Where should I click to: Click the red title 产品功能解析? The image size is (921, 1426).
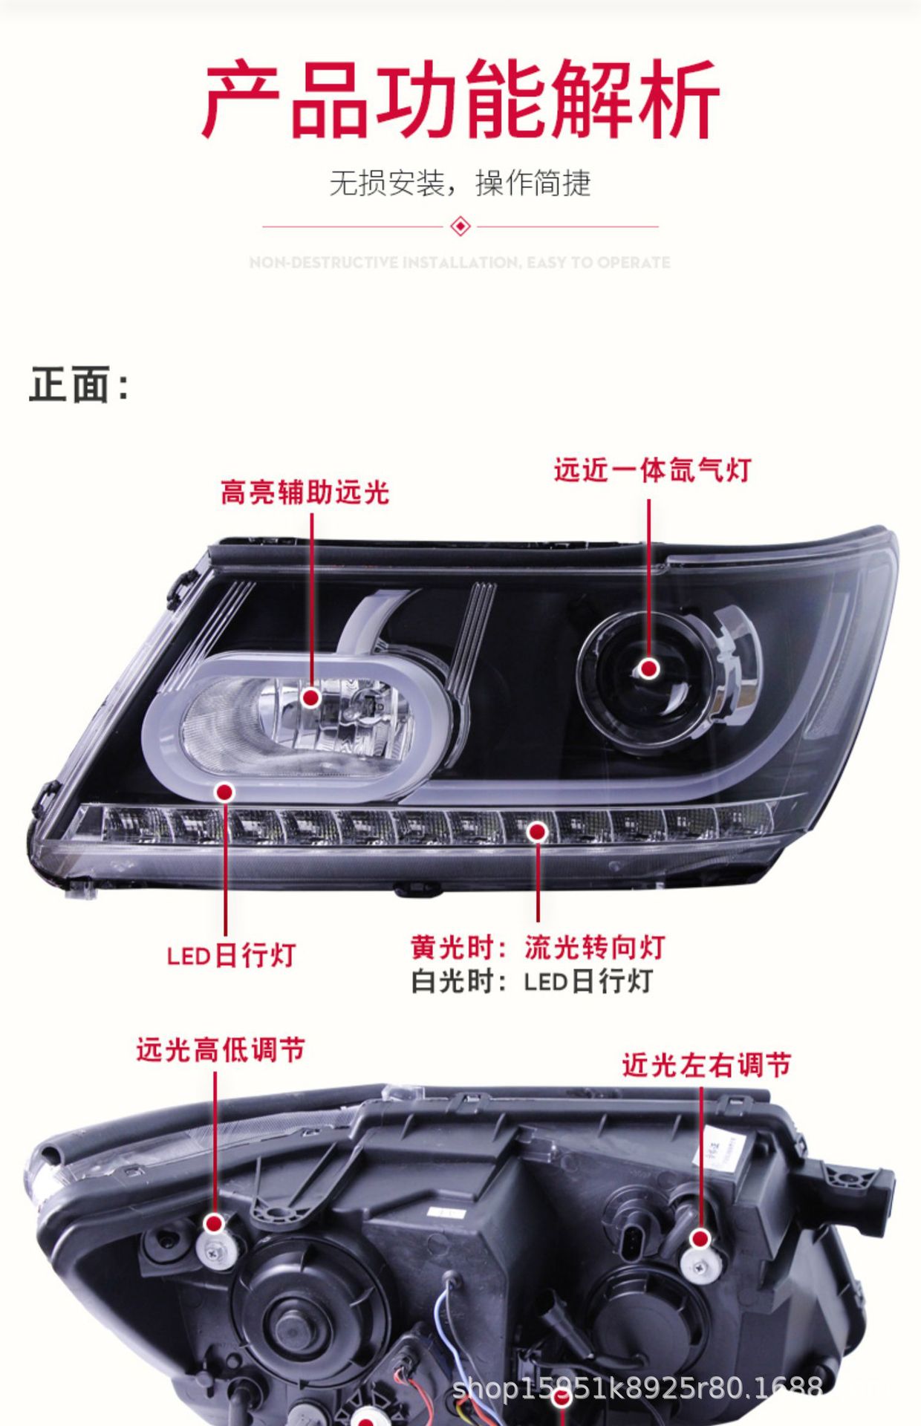coord(461,100)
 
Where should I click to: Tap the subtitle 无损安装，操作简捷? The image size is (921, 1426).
coord(461,183)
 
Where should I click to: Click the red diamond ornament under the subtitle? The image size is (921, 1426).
coord(461,226)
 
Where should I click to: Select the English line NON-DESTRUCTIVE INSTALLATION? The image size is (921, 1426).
coord(461,262)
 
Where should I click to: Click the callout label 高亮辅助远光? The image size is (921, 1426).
coord(305,492)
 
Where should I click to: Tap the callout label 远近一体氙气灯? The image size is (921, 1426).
coord(652,470)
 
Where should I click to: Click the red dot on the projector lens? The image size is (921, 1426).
coord(649,668)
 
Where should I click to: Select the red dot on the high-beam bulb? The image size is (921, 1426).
coord(311,697)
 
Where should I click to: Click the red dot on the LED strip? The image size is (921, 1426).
coord(537,832)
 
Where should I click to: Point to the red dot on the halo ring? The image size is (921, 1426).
coord(224,792)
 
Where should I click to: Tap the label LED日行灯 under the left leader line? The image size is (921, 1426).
coord(231,955)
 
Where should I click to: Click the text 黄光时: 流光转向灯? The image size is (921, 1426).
coord(538,948)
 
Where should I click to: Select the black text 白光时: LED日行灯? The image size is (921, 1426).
coord(532,982)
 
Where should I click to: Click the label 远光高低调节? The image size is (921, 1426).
coord(221,1050)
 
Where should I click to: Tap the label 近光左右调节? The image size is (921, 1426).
coord(706,1065)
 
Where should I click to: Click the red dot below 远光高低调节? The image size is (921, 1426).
coord(215,1223)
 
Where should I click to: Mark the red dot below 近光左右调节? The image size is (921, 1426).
coord(700,1238)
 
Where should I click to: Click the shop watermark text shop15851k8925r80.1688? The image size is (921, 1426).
coord(637,1387)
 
